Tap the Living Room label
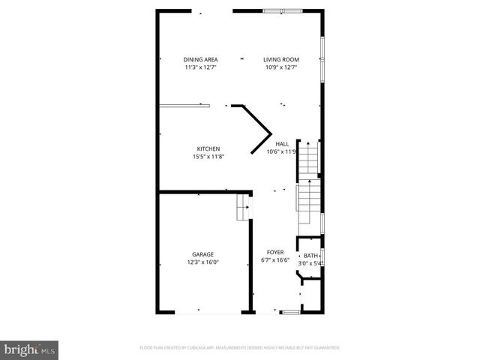[281, 60]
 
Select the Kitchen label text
[208, 148]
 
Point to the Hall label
[282, 144]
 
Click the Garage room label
[202, 254]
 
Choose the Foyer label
[276, 253]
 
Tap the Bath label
[310, 256]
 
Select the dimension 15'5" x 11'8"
[208, 157]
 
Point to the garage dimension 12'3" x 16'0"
[202, 262]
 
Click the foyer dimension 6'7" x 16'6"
[276, 261]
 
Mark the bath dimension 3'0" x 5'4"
[310, 263]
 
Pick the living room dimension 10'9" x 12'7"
[281, 67]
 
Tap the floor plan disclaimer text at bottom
[240, 348]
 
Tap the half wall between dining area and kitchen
[184, 106]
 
